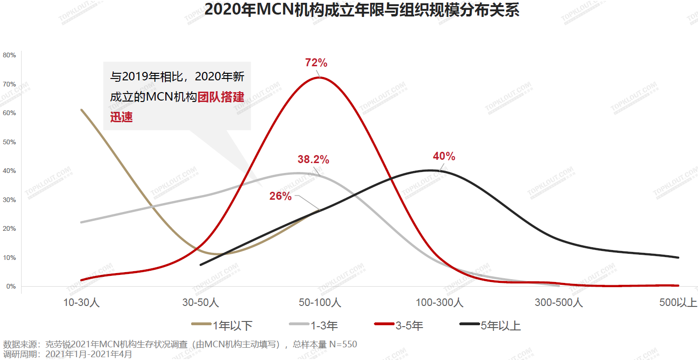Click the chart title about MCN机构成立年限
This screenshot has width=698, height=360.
point(362,10)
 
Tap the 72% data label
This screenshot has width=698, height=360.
point(316,63)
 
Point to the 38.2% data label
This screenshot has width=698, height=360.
point(313,160)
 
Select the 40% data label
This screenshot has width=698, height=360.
point(444,157)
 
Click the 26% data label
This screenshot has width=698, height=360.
point(280,196)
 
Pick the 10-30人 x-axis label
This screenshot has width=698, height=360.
point(81,303)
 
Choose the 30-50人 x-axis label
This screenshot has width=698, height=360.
point(201,303)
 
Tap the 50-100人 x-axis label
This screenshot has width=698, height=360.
point(320,303)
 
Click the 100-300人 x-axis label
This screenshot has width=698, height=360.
point(440,303)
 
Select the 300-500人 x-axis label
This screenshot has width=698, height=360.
point(559,303)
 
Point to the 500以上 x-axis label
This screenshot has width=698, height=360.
point(678,303)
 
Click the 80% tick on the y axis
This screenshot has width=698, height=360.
point(9,55)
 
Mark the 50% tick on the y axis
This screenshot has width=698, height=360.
point(9,142)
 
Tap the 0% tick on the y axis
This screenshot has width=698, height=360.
point(11,286)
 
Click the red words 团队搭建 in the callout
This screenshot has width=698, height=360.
point(221,97)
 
